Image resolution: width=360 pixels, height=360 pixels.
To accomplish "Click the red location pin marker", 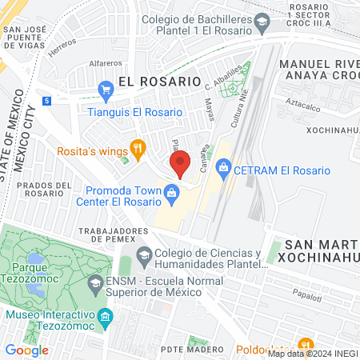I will click(x=181, y=164).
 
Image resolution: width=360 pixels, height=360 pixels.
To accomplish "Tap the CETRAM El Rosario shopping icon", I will click(x=224, y=169).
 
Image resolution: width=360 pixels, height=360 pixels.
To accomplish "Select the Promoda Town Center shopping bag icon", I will click(x=171, y=193).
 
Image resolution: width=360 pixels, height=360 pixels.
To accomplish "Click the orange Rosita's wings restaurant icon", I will click(x=138, y=146).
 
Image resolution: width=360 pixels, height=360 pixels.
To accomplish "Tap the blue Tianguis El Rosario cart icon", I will click(x=105, y=89).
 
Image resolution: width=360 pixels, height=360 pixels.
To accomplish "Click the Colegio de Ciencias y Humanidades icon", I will click(x=144, y=258).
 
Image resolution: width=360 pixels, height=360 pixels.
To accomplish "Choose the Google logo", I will click(x=26, y=350).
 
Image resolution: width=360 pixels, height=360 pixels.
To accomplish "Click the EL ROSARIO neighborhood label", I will click(x=158, y=81).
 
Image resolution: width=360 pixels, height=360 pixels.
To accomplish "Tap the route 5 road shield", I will click(x=47, y=101).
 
